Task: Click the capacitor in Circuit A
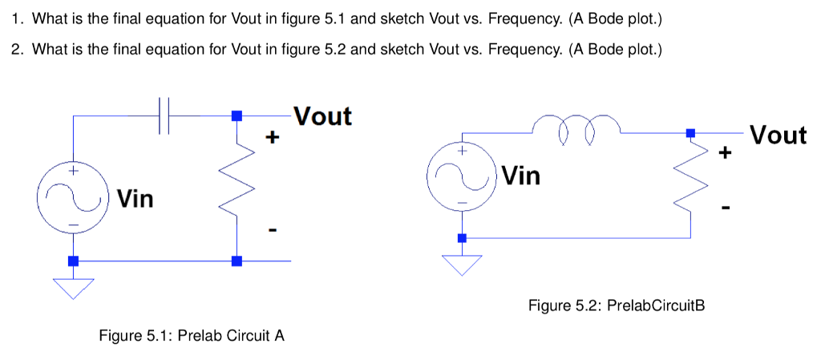[165, 115]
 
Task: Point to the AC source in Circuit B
[462, 176]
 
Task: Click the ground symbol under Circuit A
[73, 287]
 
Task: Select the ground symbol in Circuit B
[462, 264]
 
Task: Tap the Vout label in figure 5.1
[322, 116]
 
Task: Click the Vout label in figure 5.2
[778, 135]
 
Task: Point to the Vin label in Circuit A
[135, 197]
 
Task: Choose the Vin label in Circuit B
[522, 175]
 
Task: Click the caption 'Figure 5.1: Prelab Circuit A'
[191, 335]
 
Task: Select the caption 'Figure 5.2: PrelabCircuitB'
[616, 305]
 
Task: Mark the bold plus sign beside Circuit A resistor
[273, 138]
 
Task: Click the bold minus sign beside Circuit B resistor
[726, 208]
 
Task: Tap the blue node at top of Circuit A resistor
[236, 116]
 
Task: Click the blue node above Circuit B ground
[462, 238]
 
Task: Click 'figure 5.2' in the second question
[315, 49]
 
